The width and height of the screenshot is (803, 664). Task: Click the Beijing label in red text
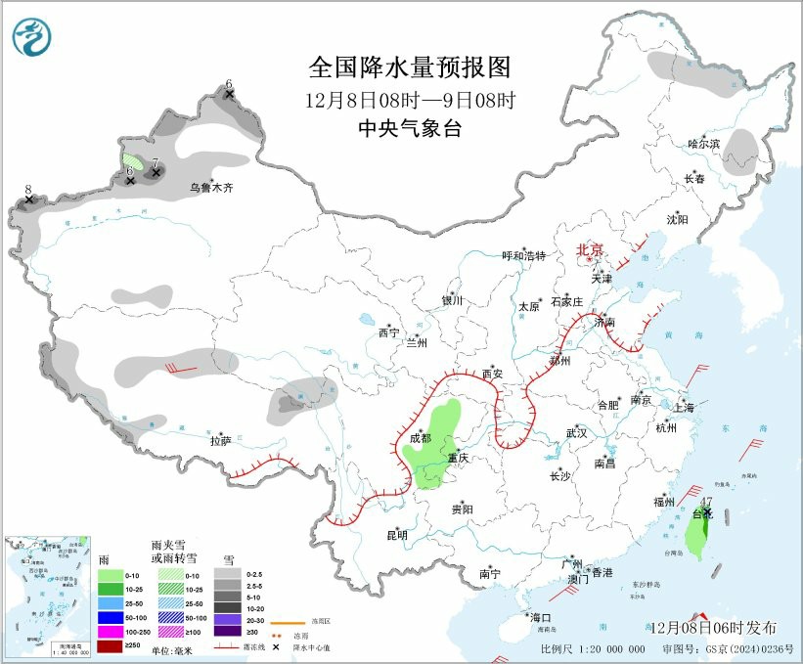click(591, 250)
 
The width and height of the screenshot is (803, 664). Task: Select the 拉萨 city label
click(220, 441)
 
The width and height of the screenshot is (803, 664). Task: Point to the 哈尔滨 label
click(702, 144)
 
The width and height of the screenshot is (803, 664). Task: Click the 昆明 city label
click(396, 535)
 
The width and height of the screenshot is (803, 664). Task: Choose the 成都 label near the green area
click(420, 438)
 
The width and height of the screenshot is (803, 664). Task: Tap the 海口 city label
click(540, 617)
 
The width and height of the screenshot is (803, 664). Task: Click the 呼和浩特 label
click(523, 255)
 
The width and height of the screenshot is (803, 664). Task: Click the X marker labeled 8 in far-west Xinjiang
click(28, 199)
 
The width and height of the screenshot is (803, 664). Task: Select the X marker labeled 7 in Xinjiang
click(156, 173)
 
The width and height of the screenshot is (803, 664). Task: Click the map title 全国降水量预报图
click(410, 67)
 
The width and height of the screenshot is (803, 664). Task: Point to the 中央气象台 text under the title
click(410, 129)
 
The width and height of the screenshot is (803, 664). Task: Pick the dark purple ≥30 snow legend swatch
click(227, 631)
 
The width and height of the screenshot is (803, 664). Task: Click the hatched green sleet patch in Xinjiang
click(132, 158)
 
